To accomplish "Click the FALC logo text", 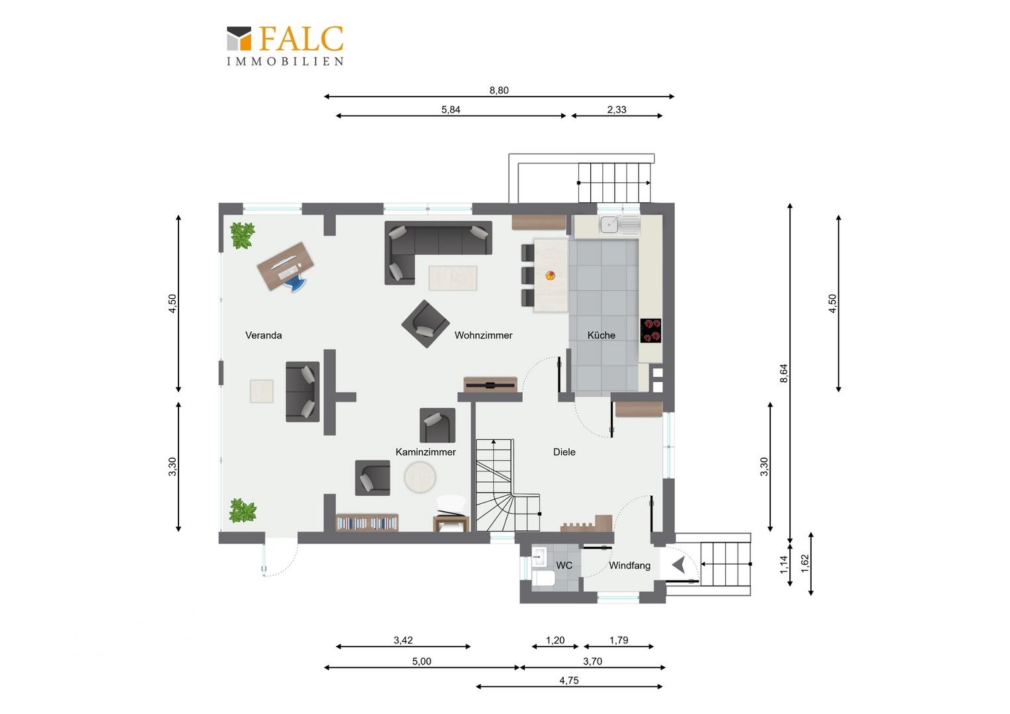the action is tap(301, 39).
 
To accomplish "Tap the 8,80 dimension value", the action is tap(498, 90).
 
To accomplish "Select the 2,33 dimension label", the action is tap(616, 110).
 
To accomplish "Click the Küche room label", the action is tap(601, 335).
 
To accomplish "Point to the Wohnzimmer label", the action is tap(483, 335).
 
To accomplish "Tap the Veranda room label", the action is tap(263, 335).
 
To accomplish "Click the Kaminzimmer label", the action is tap(426, 452).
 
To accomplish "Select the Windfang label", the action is tap(629, 565).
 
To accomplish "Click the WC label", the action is tap(564, 565).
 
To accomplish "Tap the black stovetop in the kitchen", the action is tap(650, 331).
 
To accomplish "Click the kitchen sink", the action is tap(619, 224).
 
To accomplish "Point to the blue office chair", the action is tap(295, 283).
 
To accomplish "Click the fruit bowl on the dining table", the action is tap(550, 275).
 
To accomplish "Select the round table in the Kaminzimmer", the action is tap(420, 477).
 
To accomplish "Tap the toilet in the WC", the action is tap(543, 578).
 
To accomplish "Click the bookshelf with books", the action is tap(367, 522).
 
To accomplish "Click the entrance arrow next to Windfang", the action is tap(679, 564).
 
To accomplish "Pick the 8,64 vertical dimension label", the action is tap(784, 374).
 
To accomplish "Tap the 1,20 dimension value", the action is tap(555, 640).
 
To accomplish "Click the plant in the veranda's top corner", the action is tap(242, 235).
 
